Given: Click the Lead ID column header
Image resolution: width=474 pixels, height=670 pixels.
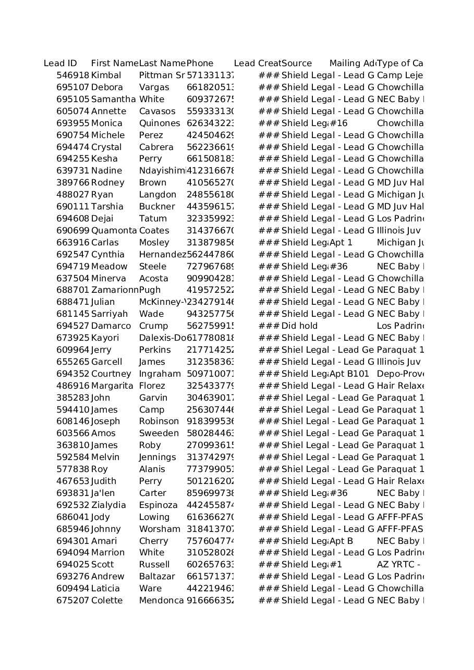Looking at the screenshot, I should click(60, 64).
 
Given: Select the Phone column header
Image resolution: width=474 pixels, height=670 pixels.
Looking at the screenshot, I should click(200, 64).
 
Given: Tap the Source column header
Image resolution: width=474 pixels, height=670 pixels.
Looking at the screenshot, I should click(296, 64).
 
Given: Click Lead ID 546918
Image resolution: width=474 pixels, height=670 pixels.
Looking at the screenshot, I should click(72, 76).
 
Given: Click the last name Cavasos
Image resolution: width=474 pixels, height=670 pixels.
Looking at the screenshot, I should click(157, 111).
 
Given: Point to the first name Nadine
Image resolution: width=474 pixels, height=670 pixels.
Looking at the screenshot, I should click(106, 171).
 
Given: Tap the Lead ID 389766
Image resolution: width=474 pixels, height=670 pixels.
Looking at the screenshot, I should click(72, 183).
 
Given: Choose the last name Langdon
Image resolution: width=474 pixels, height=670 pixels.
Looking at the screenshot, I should click(157, 195).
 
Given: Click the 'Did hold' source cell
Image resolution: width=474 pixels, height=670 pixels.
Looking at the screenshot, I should click(299, 326).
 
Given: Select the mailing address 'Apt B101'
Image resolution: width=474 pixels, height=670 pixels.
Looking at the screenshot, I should click(349, 374).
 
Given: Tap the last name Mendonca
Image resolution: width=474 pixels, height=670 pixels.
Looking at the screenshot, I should click(161, 601).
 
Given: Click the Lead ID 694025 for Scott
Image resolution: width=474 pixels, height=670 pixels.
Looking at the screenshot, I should click(72, 565).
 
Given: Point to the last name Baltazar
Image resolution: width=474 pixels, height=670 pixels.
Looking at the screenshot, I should click(157, 577).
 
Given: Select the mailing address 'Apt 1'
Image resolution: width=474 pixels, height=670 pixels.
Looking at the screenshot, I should click(341, 243).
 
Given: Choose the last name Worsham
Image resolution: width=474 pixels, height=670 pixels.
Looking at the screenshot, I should click(160, 529).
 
